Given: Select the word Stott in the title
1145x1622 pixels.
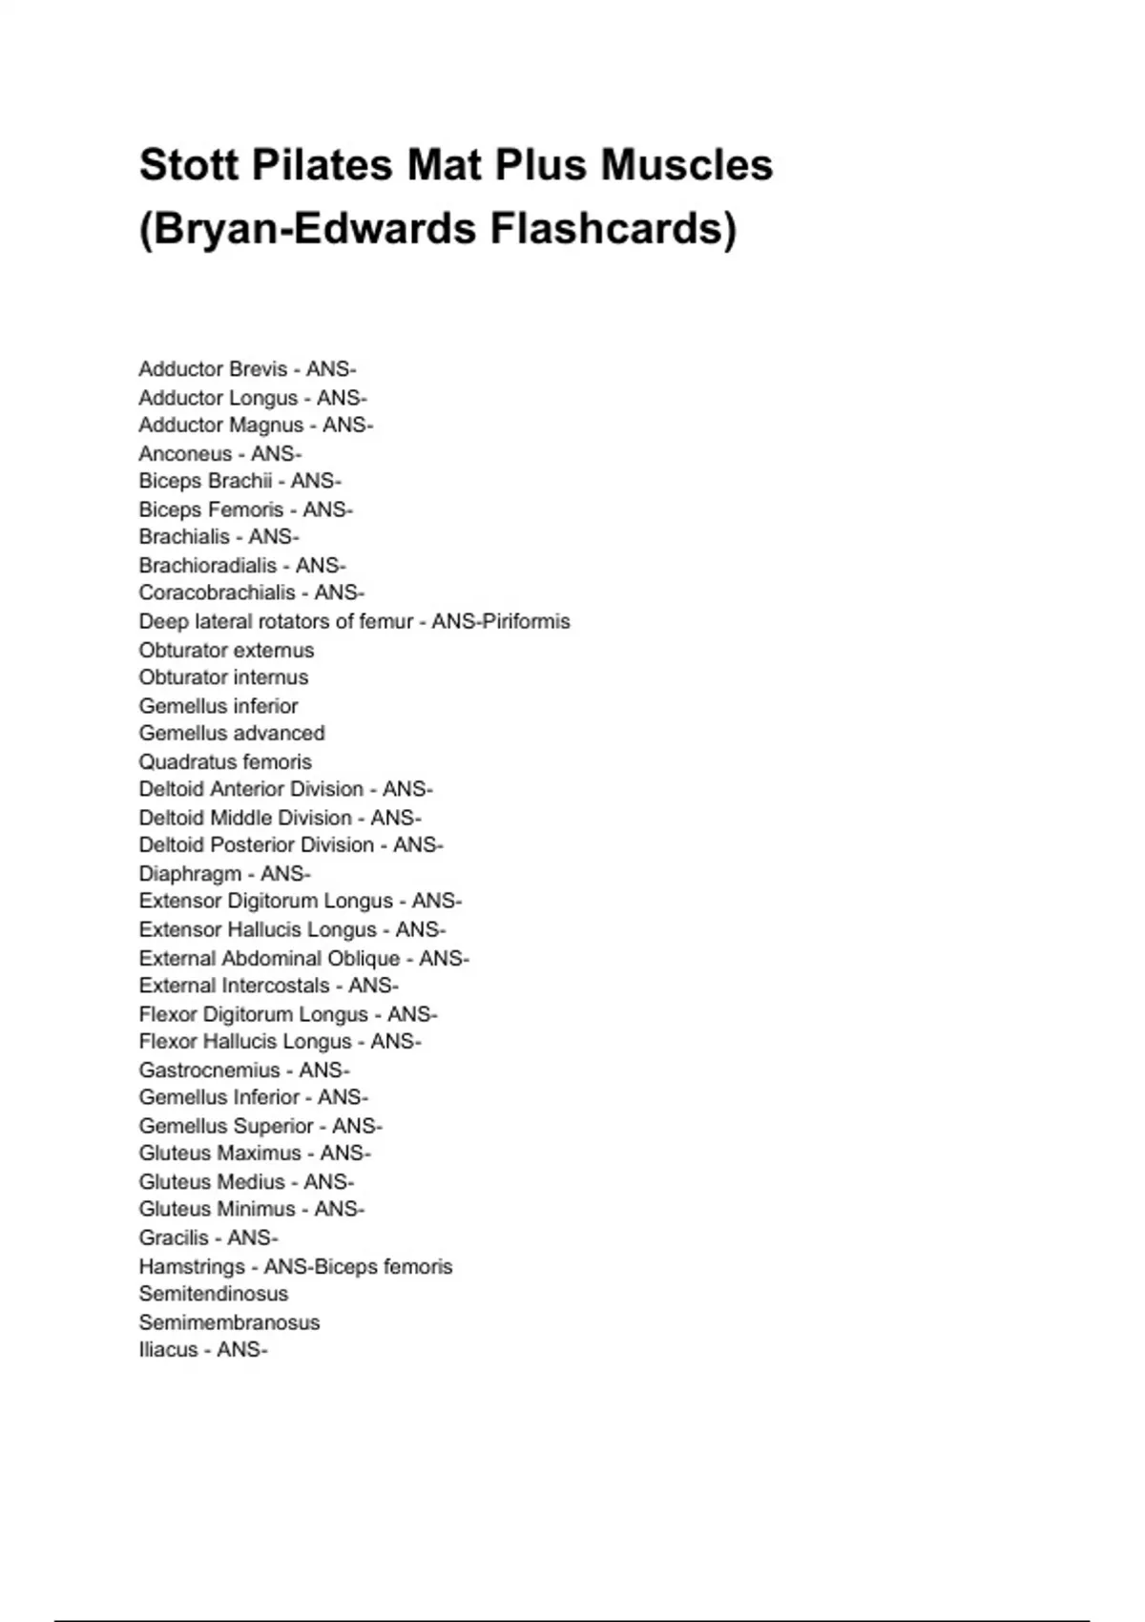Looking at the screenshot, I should [188, 165].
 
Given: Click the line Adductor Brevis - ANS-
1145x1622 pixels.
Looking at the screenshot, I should [247, 369].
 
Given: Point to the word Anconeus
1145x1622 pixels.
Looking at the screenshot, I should [185, 453].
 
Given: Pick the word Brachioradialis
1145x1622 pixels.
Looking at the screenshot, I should [207, 565].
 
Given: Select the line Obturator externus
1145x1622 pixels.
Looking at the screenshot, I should [226, 650].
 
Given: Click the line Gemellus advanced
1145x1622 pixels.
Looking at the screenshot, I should [232, 733].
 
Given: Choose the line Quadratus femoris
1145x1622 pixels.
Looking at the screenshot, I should [225, 761].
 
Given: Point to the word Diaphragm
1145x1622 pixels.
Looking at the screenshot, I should [190, 873].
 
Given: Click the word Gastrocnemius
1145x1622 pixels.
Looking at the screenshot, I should [209, 1070].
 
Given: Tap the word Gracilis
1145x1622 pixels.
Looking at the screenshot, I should [174, 1237].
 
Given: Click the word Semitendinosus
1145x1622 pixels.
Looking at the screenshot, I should [213, 1294].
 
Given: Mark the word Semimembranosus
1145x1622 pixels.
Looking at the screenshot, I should [229, 1322].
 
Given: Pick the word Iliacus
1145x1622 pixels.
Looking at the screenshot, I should [168, 1349].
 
